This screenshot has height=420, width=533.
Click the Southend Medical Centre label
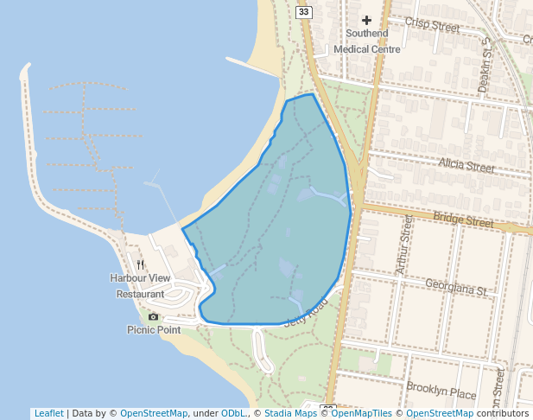(x=366, y=41)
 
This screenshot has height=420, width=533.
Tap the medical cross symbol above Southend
(x=366, y=19)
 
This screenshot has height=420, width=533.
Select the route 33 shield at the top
(x=303, y=11)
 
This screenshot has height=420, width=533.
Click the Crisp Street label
(x=431, y=25)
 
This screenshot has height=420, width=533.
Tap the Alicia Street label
(x=466, y=164)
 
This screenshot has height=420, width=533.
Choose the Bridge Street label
(x=463, y=220)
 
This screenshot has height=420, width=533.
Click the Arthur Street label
(x=404, y=246)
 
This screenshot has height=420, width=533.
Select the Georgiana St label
(x=457, y=286)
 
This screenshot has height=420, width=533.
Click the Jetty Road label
(x=306, y=312)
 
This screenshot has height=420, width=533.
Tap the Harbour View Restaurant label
(x=140, y=286)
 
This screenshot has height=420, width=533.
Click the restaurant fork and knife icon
(x=141, y=264)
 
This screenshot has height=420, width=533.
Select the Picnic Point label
(x=154, y=329)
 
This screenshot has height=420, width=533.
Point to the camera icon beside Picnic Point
(x=154, y=316)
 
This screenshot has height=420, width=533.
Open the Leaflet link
(x=48, y=413)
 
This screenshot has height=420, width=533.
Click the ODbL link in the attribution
(x=232, y=413)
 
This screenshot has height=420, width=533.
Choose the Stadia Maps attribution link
(x=289, y=413)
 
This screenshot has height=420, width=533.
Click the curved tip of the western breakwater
(x=25, y=67)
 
